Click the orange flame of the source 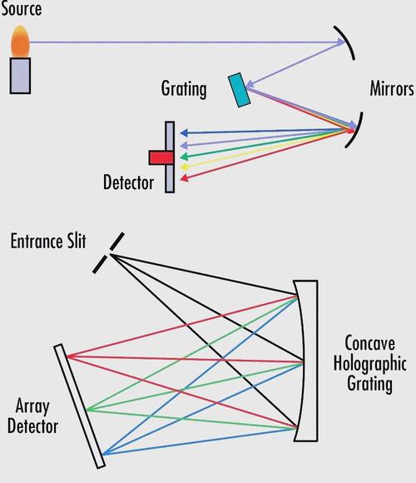pos(20,42)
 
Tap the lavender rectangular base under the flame pos(20,76)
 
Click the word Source pos(21,8)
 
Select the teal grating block pos(239,90)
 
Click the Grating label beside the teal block pos(184,89)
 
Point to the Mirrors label pos(391,89)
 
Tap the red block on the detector pos(161,157)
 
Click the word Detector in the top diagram pos(128,182)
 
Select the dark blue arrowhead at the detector pos(184,133)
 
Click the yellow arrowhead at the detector pos(184,167)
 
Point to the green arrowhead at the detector pos(184,157)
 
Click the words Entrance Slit pos(48,241)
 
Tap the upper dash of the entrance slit pos(117,241)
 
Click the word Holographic pos(370,364)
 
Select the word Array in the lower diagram pos(32,406)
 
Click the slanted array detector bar pos(80,406)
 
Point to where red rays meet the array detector pos(67,356)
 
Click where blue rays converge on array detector pos(103,454)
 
